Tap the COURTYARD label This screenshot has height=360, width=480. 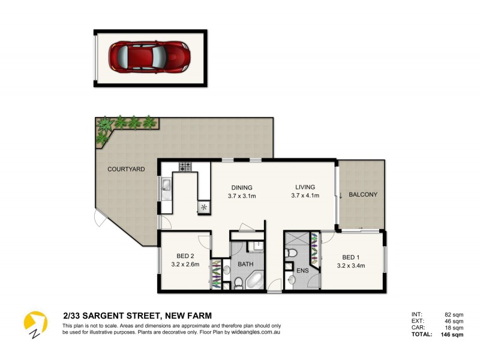[126, 170]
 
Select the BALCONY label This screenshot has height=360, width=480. [363, 194]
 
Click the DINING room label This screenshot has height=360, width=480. [240, 187]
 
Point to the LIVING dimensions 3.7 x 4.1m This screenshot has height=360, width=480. [305, 196]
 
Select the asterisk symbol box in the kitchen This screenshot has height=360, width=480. [205, 207]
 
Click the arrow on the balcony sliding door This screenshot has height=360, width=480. [341, 196]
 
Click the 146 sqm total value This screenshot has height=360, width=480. [452, 335]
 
